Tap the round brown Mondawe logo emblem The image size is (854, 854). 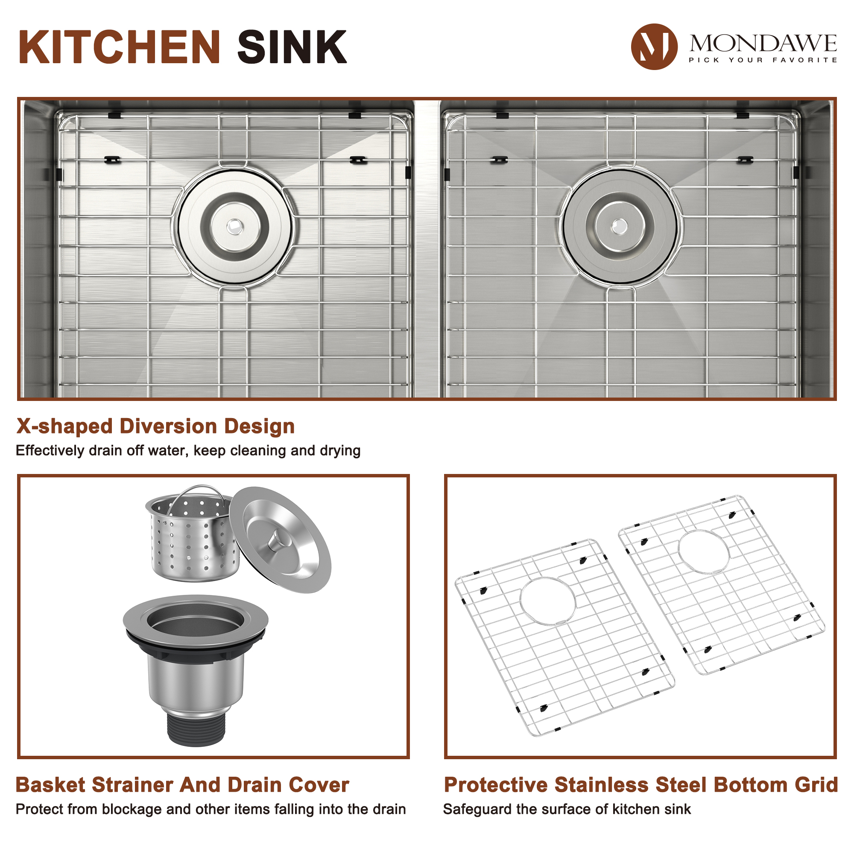tap(654, 47)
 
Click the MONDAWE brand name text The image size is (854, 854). tap(763, 43)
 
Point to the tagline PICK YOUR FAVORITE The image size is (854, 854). tap(763, 60)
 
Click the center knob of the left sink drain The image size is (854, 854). tap(234, 227)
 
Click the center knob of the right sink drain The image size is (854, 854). tap(619, 227)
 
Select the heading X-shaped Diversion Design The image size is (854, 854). tap(155, 427)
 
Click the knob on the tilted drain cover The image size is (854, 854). tap(278, 540)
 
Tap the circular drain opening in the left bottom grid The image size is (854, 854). tap(548, 601)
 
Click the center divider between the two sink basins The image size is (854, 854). tap(427, 248)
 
